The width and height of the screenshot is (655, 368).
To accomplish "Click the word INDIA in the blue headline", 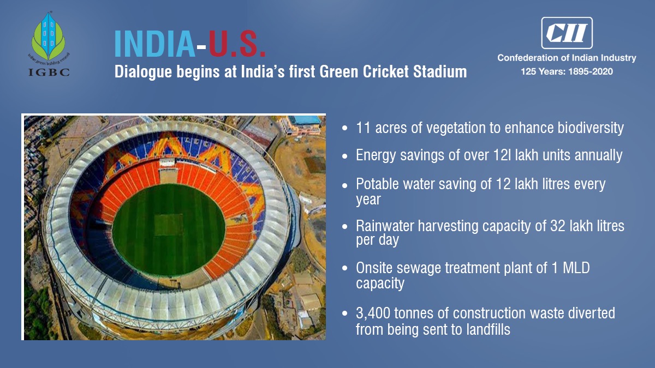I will click(154, 44).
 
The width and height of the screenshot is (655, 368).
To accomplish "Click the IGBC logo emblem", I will click(49, 37).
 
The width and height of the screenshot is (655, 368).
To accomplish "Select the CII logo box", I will click(566, 33).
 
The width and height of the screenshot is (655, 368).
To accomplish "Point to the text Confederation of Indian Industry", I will click(567, 58).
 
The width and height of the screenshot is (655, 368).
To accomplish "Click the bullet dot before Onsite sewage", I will click(344, 268).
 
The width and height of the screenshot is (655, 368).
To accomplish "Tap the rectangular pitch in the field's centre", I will click(169, 224).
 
